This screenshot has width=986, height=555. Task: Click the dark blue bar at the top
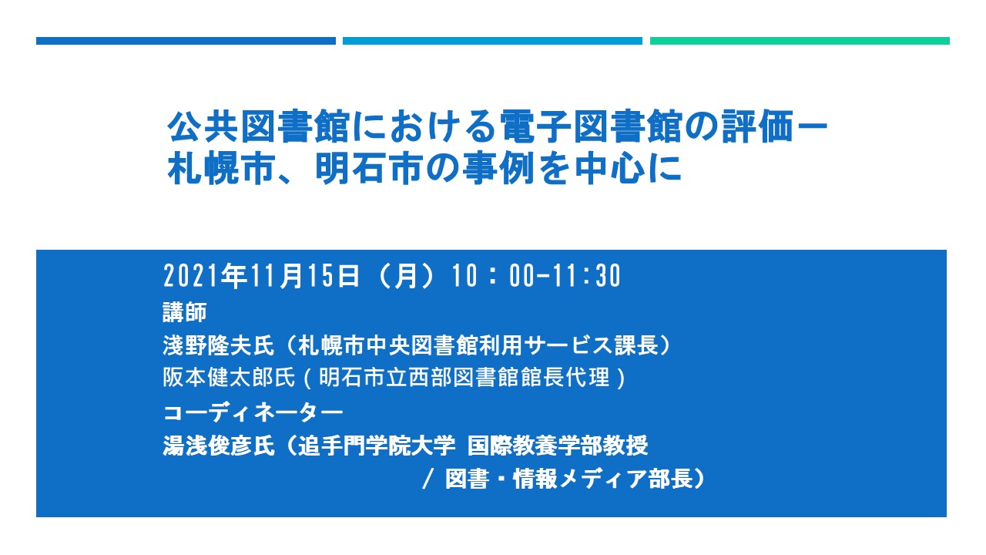pyautogui.click(x=186, y=41)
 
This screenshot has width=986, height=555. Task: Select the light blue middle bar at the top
pyautogui.click(x=492, y=41)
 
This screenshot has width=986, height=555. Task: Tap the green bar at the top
pyautogui.click(x=800, y=41)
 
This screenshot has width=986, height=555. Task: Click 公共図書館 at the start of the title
pyautogui.click(x=259, y=127)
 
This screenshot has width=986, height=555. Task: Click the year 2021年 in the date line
pyautogui.click(x=205, y=276)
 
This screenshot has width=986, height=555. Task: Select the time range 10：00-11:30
pyautogui.click(x=537, y=276)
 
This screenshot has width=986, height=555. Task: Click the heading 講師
pyautogui.click(x=185, y=312)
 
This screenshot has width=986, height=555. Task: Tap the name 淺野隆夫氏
pyautogui.click(x=219, y=345)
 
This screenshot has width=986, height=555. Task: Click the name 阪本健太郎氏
pyautogui.click(x=229, y=378)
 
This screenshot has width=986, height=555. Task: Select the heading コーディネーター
pyautogui.click(x=253, y=412)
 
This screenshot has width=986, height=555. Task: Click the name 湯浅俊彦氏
pyautogui.click(x=219, y=446)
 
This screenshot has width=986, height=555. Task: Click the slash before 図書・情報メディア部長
pyautogui.click(x=428, y=479)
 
